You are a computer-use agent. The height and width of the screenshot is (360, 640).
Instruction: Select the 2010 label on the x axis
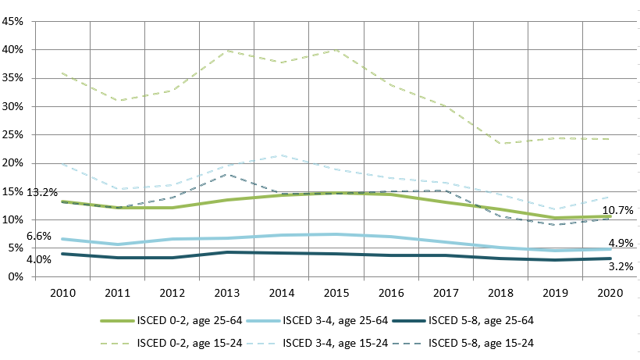(x=62, y=292)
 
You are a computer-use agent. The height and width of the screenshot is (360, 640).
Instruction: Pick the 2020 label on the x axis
(x=610, y=292)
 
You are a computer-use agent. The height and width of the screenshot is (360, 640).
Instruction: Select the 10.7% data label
(x=617, y=211)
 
